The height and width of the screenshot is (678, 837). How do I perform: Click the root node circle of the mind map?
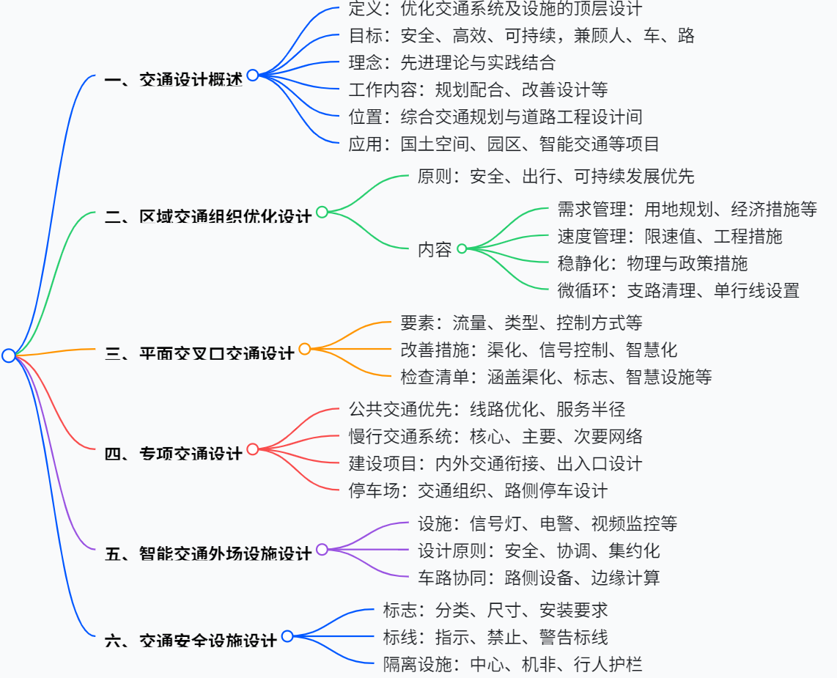(x=9, y=355)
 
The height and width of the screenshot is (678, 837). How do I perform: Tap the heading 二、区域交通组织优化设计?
(x=207, y=215)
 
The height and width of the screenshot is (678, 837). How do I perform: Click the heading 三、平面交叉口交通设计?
(x=199, y=353)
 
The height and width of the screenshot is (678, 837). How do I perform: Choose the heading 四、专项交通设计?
(x=173, y=453)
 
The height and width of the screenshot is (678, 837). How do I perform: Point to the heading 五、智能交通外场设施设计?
(x=207, y=553)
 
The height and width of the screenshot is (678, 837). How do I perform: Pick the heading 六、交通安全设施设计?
(x=191, y=640)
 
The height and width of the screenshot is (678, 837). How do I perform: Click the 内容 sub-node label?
(x=435, y=249)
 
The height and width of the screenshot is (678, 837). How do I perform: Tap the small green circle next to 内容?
(x=462, y=248)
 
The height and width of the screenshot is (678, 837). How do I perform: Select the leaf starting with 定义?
(x=495, y=9)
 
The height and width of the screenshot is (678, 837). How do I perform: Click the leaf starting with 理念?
(x=452, y=62)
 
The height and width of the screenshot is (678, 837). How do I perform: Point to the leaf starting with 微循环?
(x=678, y=290)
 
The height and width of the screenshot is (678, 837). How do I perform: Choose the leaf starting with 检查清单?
(x=556, y=377)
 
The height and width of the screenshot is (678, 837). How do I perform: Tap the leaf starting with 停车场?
(x=478, y=490)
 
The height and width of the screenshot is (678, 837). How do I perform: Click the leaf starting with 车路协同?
(x=539, y=578)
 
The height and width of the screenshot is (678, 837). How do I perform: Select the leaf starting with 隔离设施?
(x=512, y=665)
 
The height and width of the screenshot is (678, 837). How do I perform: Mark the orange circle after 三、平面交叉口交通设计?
(x=305, y=349)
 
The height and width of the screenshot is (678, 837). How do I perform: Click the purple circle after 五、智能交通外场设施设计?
(x=322, y=549)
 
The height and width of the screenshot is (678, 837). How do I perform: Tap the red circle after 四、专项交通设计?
(x=253, y=449)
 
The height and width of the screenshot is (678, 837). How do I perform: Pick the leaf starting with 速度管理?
(x=669, y=236)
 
